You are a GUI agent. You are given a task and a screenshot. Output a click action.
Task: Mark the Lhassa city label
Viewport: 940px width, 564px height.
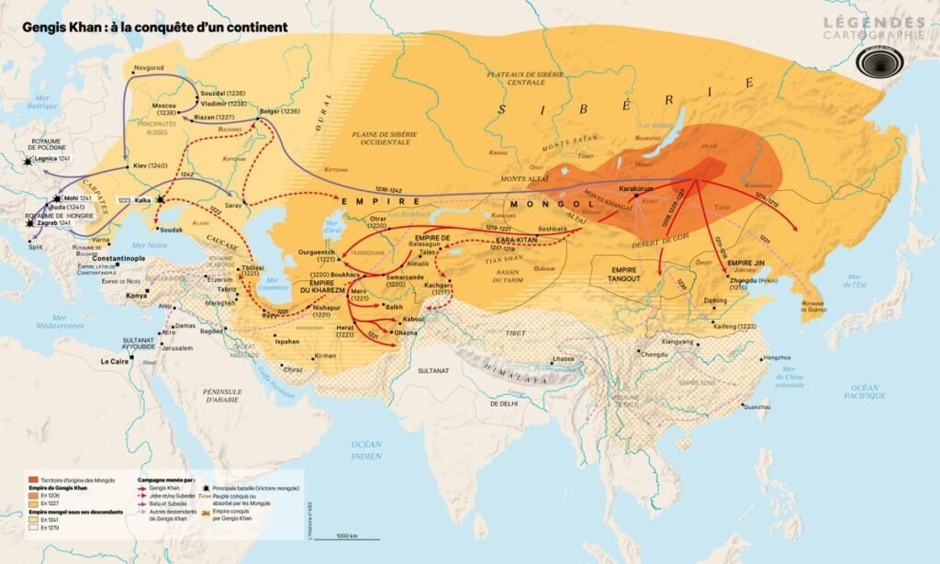[563, 358]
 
